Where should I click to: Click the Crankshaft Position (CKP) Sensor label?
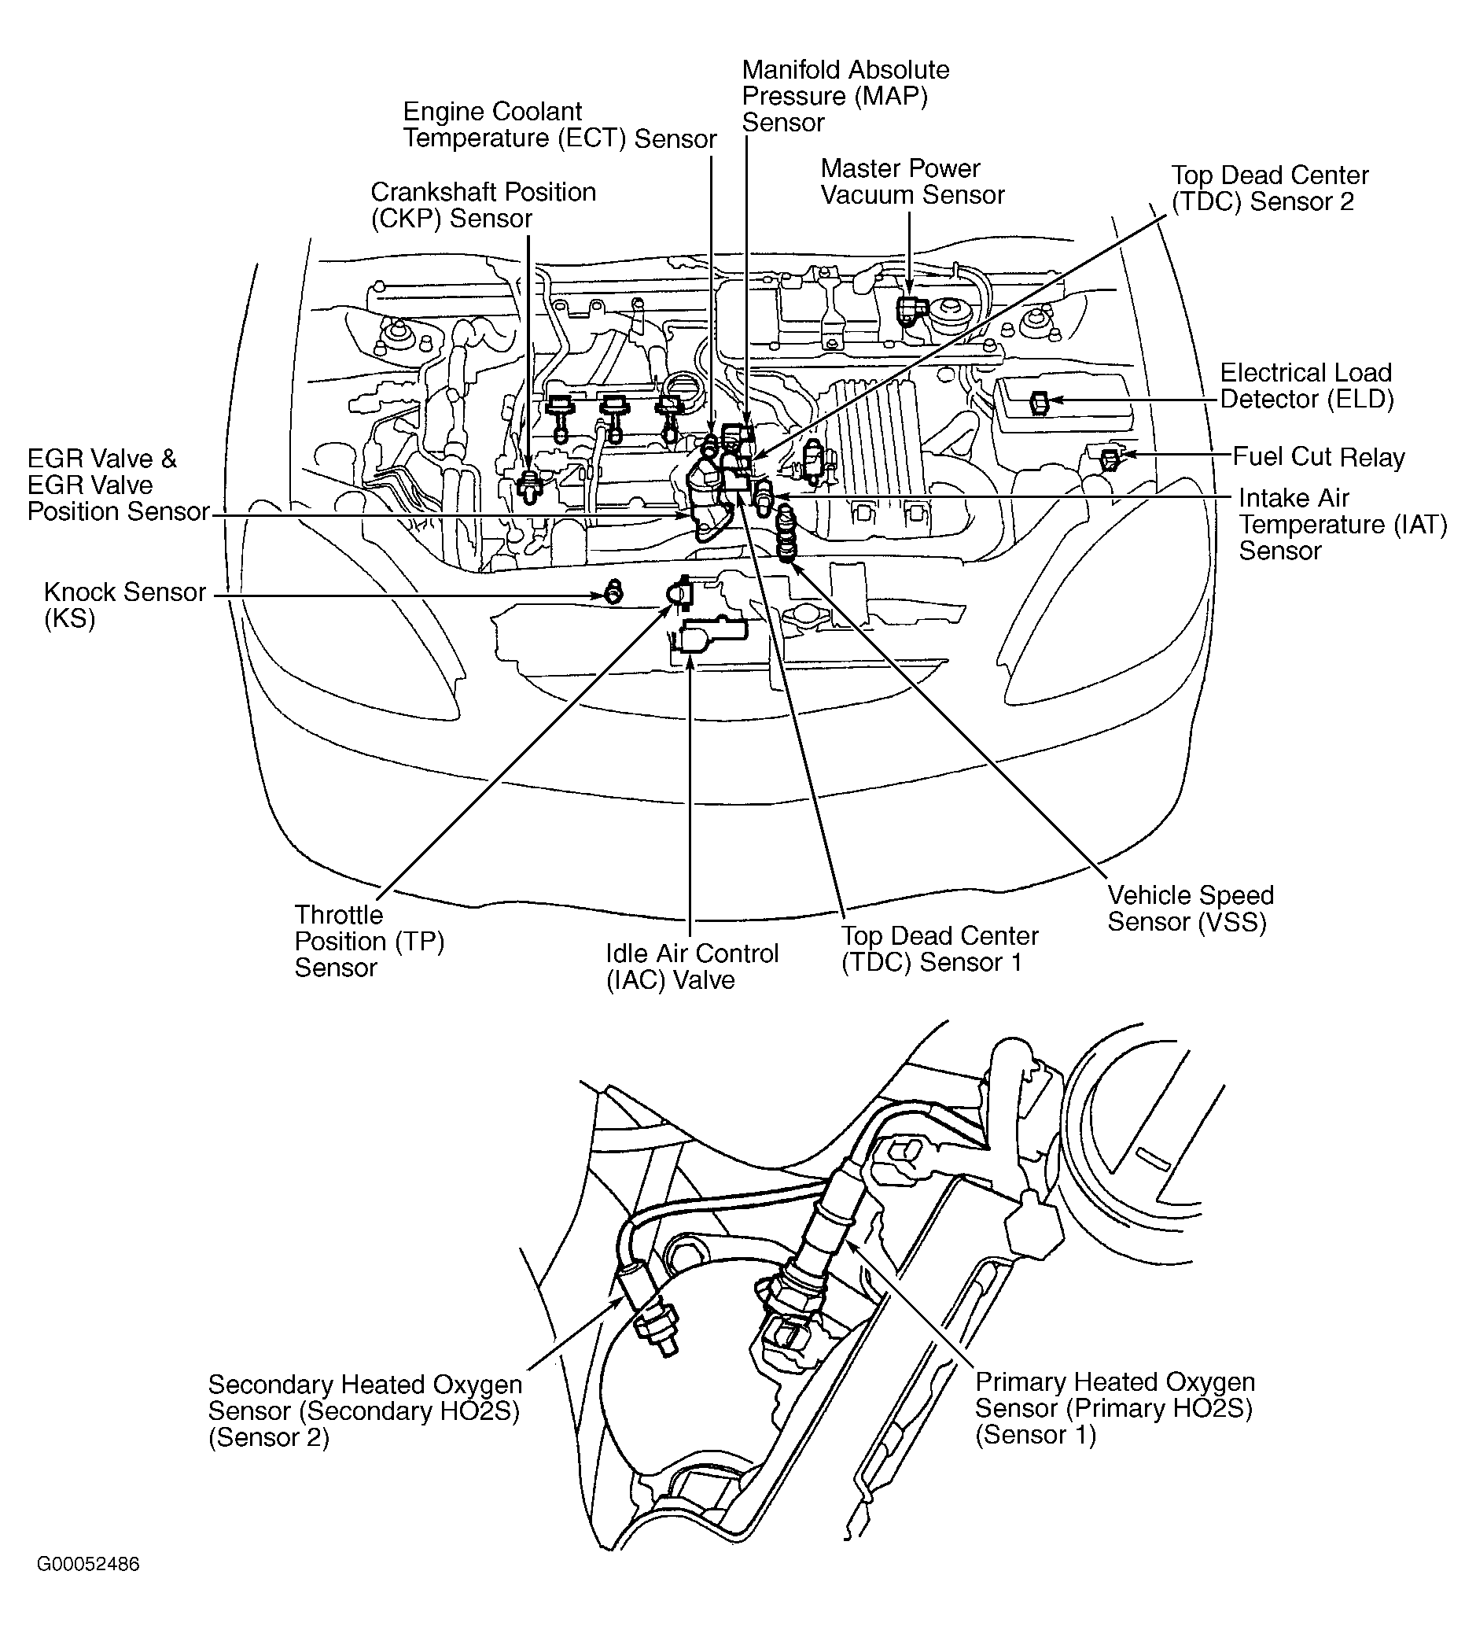(483, 205)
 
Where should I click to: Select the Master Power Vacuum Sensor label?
(912, 181)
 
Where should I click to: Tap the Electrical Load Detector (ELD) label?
(1306, 385)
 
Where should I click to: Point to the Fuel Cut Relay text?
(1319, 457)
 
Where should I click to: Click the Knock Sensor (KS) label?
(124, 605)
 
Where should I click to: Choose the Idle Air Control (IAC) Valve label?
(692, 966)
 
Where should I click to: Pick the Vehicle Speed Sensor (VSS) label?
(1190, 908)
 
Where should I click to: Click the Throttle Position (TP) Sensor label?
(370, 940)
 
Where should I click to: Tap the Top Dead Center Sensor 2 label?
(1269, 187)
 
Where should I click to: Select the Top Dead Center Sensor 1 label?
(939, 949)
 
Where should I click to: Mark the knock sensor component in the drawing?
(614, 592)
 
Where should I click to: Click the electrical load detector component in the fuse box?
(1040, 402)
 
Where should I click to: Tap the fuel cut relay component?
(1110, 459)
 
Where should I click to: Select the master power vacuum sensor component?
(907, 310)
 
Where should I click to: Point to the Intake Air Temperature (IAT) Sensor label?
(1342, 524)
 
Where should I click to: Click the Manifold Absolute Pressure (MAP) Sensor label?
(845, 95)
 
